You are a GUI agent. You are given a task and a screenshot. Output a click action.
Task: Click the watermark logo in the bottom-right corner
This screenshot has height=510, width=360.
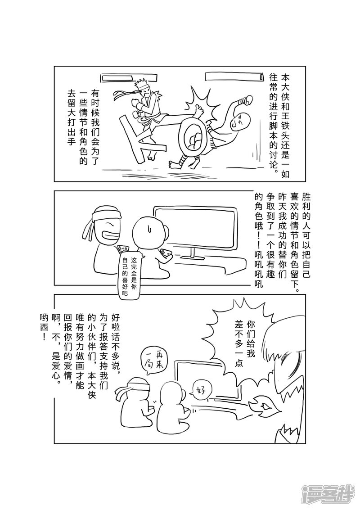coord(328,495)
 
